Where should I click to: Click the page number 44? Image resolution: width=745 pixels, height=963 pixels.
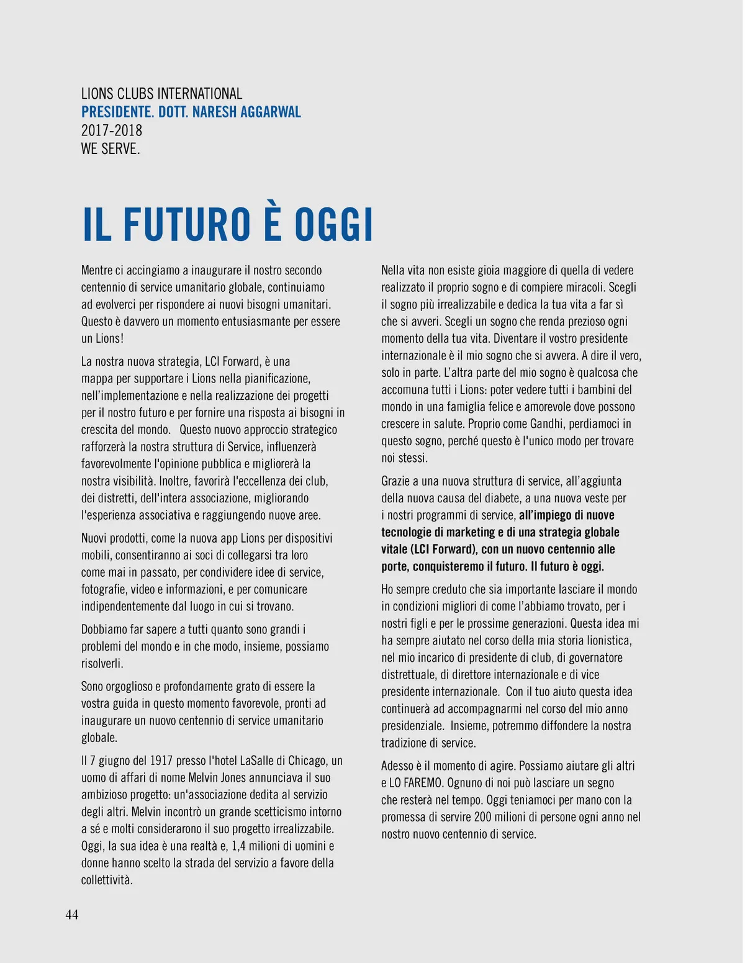pyautogui.click(x=72, y=915)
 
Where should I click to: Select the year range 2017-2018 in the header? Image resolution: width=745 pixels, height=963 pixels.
pyautogui.click(x=112, y=130)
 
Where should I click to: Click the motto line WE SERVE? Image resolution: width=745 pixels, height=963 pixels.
pyautogui.click(x=111, y=149)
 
